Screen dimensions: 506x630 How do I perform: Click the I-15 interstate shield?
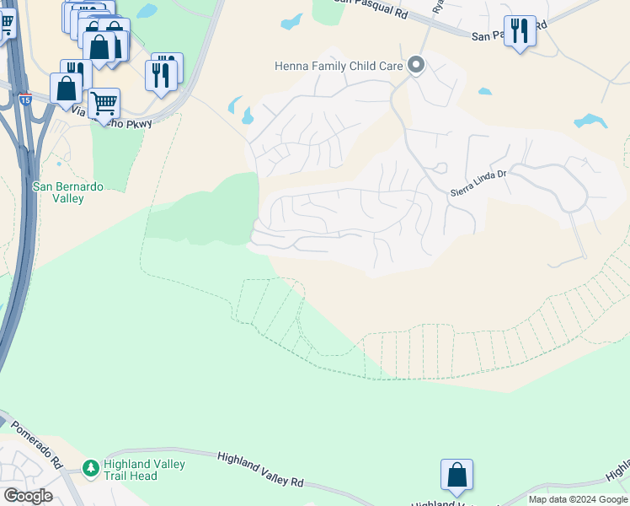pos(26,99)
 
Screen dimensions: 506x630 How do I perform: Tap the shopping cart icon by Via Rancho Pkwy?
pos(104,103)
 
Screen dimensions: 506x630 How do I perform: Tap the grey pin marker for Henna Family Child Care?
pos(415,65)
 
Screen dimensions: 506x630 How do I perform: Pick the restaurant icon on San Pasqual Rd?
pos(519,31)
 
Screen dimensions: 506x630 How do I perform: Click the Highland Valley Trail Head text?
pos(144,470)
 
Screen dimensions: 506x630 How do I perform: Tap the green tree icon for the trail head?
pos(90,466)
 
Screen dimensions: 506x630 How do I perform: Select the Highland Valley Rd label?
pos(260,469)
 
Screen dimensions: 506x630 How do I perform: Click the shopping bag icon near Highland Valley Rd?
pos(456,475)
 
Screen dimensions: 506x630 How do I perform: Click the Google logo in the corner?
pos(28,496)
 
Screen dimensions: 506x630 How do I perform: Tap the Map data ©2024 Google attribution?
pos(578,499)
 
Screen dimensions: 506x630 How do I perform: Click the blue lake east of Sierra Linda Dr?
pos(590,121)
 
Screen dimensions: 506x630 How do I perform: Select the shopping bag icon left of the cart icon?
pos(66,88)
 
